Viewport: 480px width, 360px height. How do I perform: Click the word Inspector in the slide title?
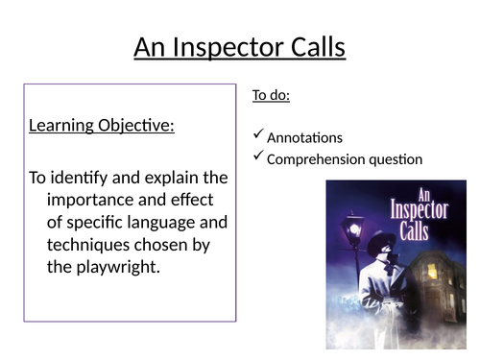238,47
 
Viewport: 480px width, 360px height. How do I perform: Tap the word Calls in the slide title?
313,47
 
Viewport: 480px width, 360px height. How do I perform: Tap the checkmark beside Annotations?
257,137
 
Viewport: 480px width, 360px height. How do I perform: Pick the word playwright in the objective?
112,266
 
